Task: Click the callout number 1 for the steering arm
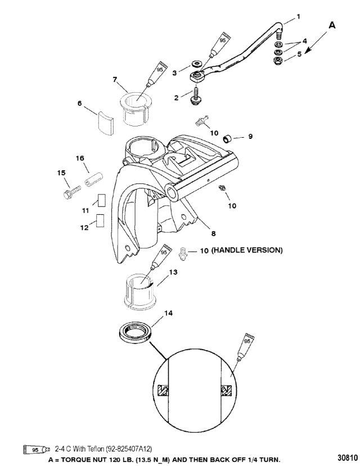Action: (298, 17)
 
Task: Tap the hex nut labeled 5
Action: (278, 61)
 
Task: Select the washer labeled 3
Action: (196, 64)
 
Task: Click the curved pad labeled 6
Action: (106, 123)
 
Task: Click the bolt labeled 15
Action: (72, 192)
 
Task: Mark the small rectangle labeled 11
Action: (101, 200)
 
